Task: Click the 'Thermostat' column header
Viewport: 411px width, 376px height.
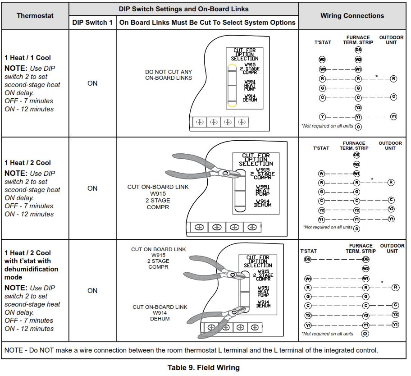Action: [x=35, y=16]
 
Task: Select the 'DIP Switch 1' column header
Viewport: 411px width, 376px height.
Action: [x=92, y=23]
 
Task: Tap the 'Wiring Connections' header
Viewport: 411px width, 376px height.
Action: [x=352, y=16]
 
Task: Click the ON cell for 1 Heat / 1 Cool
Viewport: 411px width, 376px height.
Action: [x=92, y=83]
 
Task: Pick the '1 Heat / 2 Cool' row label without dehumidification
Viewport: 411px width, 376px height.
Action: [x=28, y=163]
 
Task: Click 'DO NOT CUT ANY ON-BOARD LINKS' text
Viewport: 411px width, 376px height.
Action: [x=169, y=75]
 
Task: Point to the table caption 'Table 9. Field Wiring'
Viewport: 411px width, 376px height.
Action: [x=204, y=367]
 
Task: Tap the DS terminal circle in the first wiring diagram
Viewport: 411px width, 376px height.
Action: [x=358, y=50]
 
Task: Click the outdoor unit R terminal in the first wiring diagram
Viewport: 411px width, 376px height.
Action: [x=393, y=78]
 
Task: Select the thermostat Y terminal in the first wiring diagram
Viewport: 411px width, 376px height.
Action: [x=322, y=117]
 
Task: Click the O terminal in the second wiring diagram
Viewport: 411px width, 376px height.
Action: [x=357, y=229]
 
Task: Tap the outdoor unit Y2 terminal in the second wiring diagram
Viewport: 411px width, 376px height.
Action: [x=391, y=209]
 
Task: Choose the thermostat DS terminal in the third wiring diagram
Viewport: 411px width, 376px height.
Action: [x=308, y=259]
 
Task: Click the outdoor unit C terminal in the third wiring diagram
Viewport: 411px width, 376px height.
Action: [x=395, y=305]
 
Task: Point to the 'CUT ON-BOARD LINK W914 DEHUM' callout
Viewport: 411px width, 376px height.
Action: [x=160, y=313]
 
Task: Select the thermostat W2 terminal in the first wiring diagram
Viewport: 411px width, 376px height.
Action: [x=322, y=60]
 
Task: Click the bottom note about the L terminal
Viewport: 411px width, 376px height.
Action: [x=191, y=350]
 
